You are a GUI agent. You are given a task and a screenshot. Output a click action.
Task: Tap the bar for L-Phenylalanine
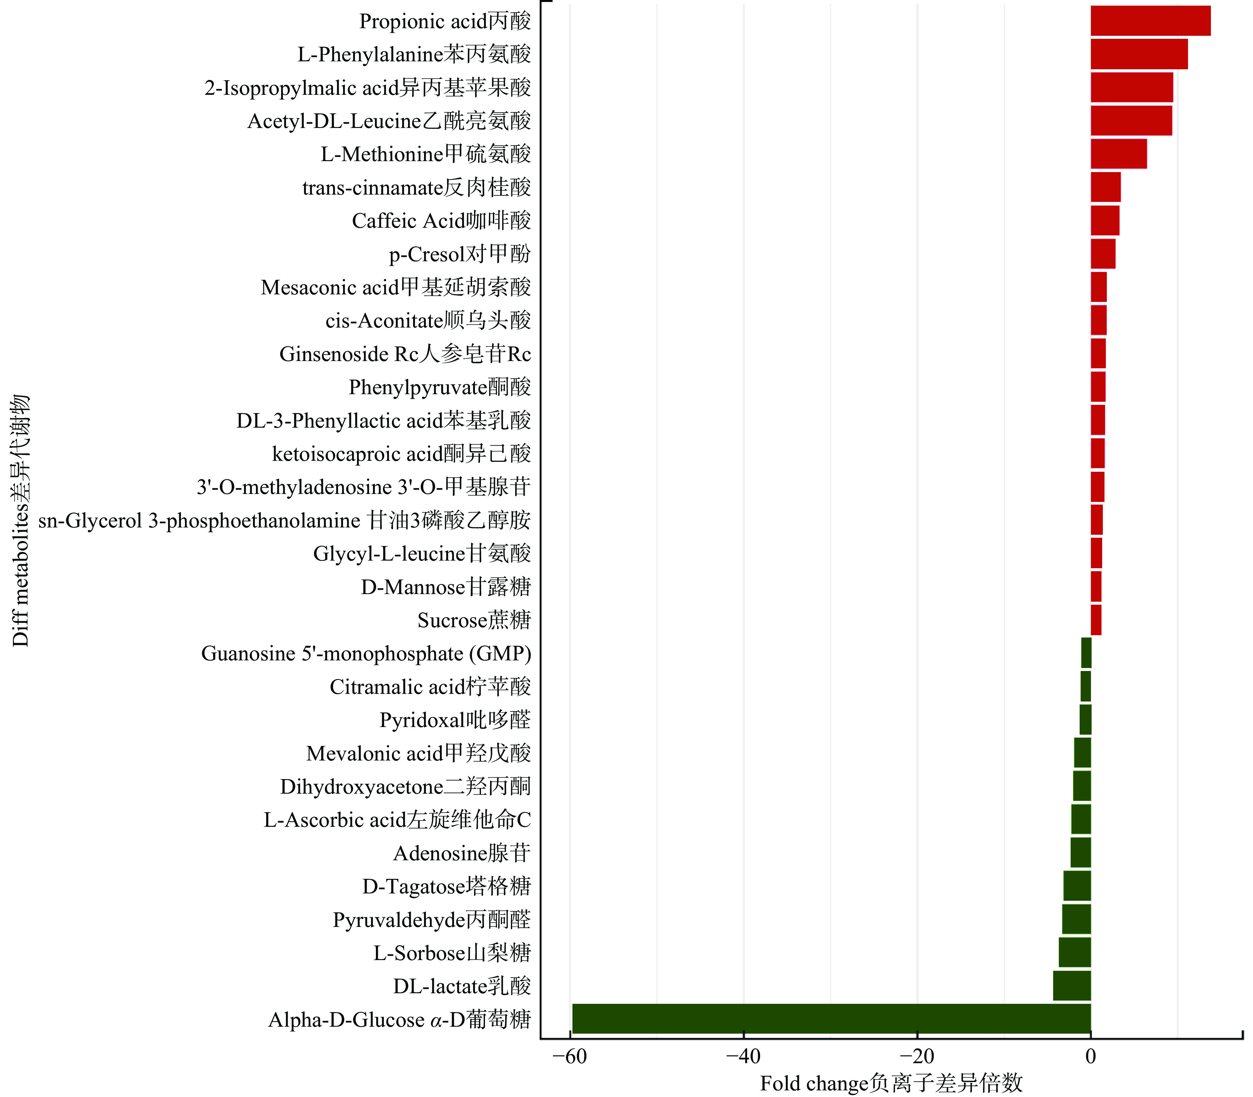coord(1139,54)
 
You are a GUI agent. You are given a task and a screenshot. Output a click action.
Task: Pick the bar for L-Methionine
coord(1118,153)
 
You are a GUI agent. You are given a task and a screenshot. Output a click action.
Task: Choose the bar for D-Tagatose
coord(1077,886)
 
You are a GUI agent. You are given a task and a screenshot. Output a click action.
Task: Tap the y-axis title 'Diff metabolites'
coord(20,520)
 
